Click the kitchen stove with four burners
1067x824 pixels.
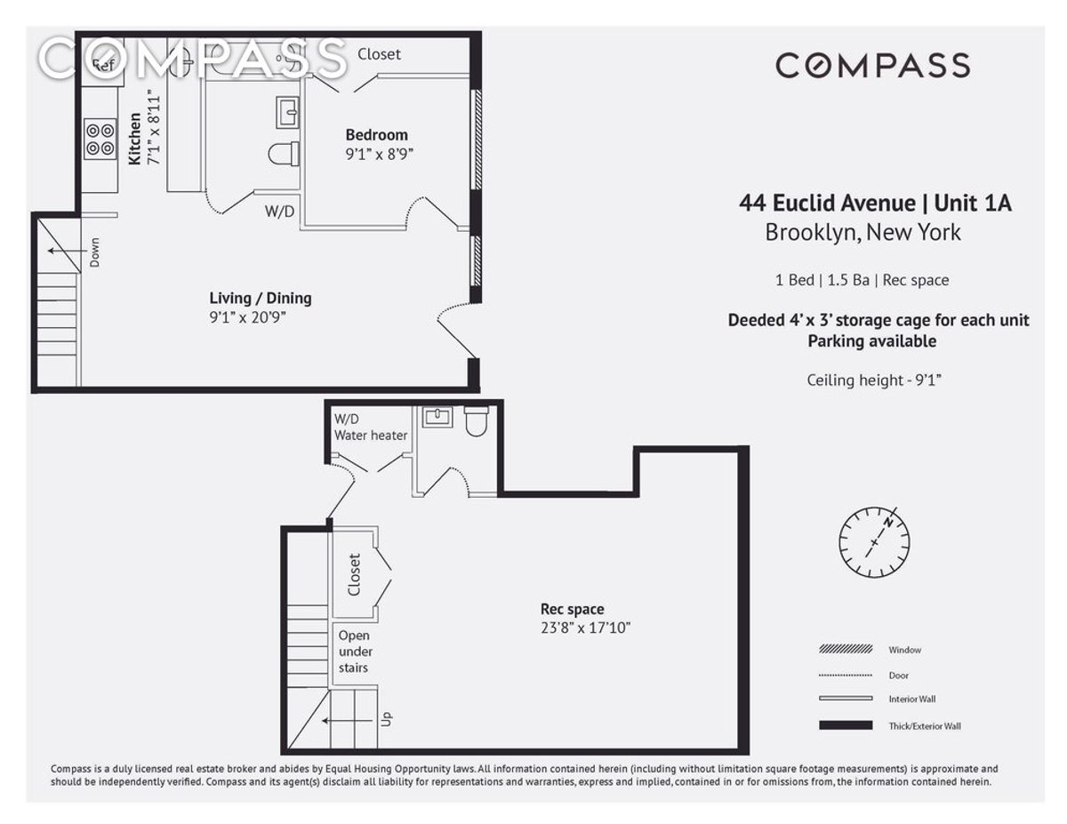100,139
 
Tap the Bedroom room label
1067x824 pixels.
377,134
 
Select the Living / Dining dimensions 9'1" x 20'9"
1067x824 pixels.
247,317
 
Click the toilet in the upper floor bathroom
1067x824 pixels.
284,154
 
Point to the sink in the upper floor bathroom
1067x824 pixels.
288,112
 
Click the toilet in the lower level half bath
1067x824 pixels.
476,421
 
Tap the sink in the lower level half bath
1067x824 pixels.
437,417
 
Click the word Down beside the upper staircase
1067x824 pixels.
94,252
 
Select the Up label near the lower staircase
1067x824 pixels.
387,719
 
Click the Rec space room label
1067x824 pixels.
572,609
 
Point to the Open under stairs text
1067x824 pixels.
354,652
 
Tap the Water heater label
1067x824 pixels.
371,436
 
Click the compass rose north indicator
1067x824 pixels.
887,522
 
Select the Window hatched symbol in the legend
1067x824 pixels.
846,649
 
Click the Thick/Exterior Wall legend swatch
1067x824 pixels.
846,725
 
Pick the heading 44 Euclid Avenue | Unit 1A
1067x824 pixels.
875,204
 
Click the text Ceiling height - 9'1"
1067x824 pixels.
874,380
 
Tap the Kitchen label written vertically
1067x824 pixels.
134,139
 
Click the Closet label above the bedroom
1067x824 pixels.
379,54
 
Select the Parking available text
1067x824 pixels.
872,341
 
